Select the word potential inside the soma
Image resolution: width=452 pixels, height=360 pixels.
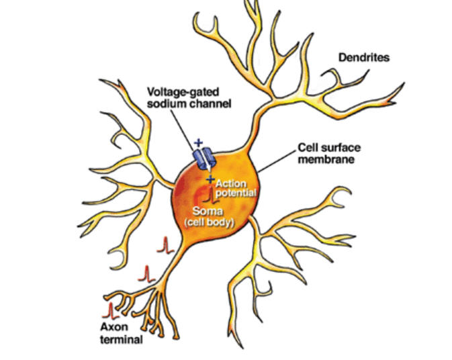point(236,193)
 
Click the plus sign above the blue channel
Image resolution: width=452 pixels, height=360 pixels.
point(197,142)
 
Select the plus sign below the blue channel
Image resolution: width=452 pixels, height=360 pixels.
point(210,179)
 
